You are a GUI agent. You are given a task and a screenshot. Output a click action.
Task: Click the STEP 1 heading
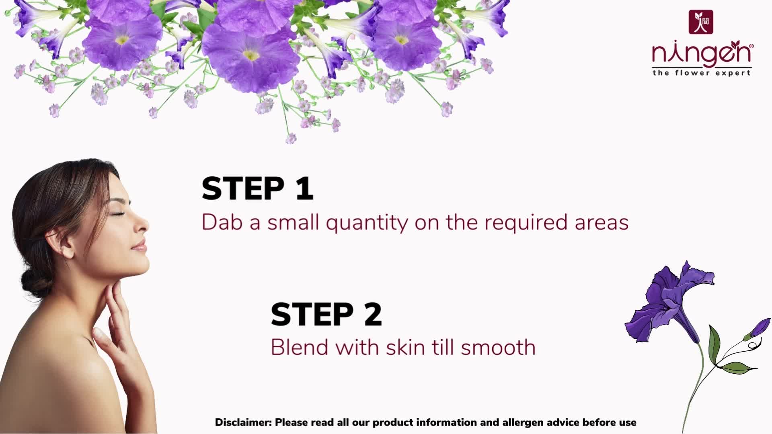[257, 188]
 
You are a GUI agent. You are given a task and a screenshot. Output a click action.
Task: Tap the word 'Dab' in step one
[222, 222]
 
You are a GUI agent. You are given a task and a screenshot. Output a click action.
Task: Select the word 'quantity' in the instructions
[367, 223]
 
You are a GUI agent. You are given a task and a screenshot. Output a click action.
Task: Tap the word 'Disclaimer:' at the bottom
[244, 422]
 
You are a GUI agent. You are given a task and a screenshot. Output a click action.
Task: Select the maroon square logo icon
[701, 22]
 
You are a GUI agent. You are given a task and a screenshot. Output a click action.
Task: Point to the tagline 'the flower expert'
[701, 73]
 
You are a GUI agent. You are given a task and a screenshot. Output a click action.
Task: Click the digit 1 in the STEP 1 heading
[305, 188]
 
